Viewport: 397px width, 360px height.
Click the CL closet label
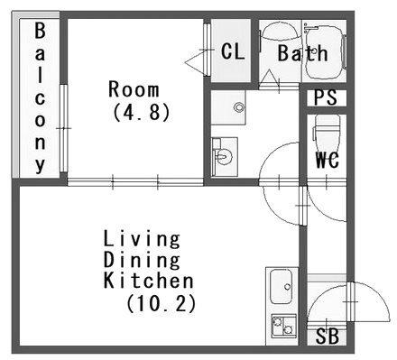click(x=233, y=51)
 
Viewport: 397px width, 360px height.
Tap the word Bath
click(x=302, y=53)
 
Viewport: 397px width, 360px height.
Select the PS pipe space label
click(x=326, y=97)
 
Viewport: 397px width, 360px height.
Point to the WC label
click(x=328, y=160)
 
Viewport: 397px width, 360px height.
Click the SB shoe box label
click(x=328, y=336)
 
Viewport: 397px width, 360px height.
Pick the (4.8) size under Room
click(x=142, y=113)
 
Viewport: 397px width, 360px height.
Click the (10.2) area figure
click(x=162, y=303)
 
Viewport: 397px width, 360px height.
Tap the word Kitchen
click(x=149, y=281)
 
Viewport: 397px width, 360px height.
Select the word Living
click(x=142, y=240)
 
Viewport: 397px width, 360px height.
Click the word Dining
click(x=142, y=261)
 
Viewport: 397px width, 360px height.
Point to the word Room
click(x=134, y=89)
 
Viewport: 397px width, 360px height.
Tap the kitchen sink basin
click(x=281, y=286)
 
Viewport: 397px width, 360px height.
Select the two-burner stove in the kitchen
click(x=284, y=326)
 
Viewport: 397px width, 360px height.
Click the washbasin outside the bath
click(x=225, y=156)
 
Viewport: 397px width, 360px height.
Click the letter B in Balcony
click(x=40, y=31)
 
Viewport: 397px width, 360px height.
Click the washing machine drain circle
click(x=239, y=107)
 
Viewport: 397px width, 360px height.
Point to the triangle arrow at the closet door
click(x=197, y=61)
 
